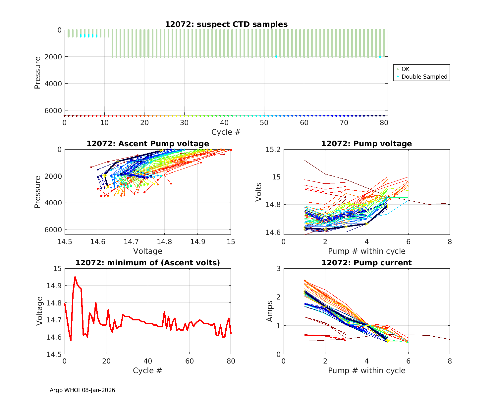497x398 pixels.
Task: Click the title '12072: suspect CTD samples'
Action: pos(226,24)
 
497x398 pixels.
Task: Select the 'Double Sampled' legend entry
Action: pos(424,77)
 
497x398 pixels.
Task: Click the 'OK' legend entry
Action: pos(406,69)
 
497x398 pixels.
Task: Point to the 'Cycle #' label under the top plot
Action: pos(226,132)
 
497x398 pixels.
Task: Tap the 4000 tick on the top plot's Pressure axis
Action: pos(54,84)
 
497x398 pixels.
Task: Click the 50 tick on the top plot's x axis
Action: pos(264,123)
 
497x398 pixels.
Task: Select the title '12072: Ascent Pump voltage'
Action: pos(148,144)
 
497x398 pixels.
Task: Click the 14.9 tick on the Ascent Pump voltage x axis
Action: pos(197,242)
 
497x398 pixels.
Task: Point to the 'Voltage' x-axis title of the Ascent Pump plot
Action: pos(148,251)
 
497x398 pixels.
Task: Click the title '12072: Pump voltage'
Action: pos(366,144)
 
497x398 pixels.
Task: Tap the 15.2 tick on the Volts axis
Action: pos(273,150)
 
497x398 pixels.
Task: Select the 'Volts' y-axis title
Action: pos(259,192)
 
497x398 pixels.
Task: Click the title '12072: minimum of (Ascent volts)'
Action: pos(148,263)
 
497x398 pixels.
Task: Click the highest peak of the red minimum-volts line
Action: pos(75,277)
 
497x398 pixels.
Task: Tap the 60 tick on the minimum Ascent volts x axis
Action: pos(189,361)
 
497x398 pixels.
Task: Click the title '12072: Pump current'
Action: pos(366,263)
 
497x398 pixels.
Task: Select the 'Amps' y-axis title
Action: pos(270,311)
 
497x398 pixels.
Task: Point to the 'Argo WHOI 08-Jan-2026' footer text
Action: pos(83,390)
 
